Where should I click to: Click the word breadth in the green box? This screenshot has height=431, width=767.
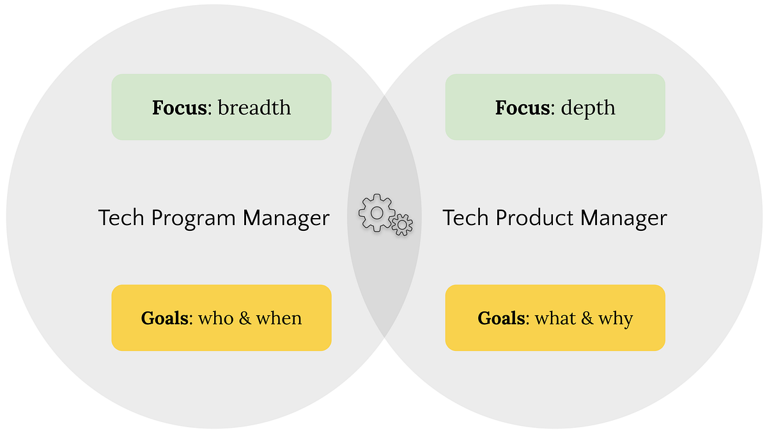click(254, 107)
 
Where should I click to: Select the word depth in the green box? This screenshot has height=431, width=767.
click(588, 107)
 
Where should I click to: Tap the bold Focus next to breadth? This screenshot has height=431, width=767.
click(180, 107)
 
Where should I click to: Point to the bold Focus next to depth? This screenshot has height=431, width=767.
click(522, 107)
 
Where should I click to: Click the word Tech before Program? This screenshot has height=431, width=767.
click(121, 218)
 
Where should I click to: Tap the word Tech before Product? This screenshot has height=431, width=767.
click(465, 218)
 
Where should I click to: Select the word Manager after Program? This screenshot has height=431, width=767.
click(286, 218)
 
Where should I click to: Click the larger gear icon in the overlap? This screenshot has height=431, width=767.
click(376, 212)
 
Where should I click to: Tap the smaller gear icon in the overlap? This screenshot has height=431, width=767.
click(402, 224)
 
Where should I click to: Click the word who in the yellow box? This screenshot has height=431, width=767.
click(216, 318)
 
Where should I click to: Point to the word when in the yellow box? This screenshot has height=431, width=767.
click(279, 318)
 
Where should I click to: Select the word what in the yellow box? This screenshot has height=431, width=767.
click(555, 318)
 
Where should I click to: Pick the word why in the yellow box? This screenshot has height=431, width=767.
click(616, 318)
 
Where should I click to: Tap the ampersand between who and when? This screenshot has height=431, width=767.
click(245, 318)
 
